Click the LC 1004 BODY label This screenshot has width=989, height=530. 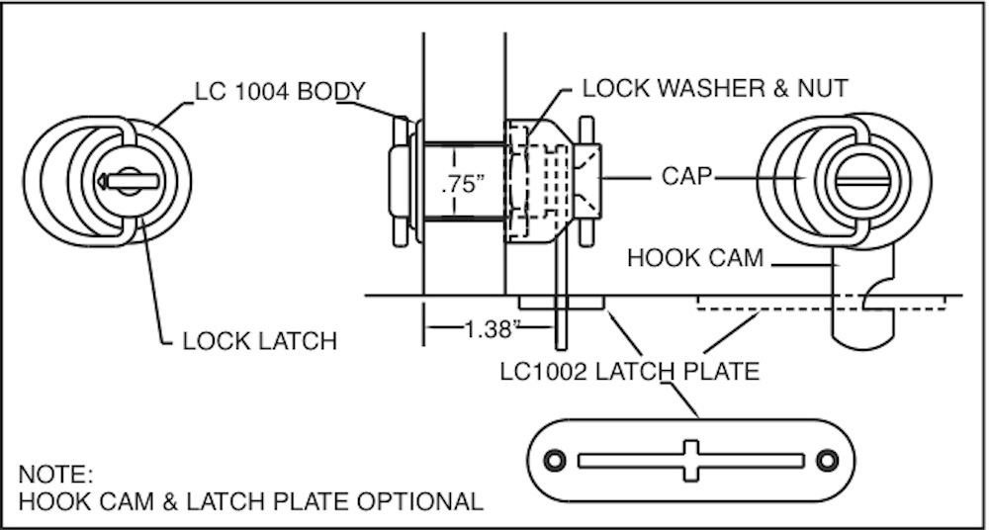tap(281, 91)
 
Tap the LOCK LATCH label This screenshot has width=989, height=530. tap(260, 341)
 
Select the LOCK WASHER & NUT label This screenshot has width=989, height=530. tap(714, 88)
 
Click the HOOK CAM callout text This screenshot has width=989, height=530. tap(695, 258)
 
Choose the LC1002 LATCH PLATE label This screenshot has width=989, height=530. tap(629, 372)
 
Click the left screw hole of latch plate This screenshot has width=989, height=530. tap(555, 460)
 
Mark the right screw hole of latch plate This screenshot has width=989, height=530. tap(827, 460)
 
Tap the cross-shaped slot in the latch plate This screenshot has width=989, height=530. tap(690, 460)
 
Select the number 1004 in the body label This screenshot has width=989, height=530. tap(261, 91)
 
